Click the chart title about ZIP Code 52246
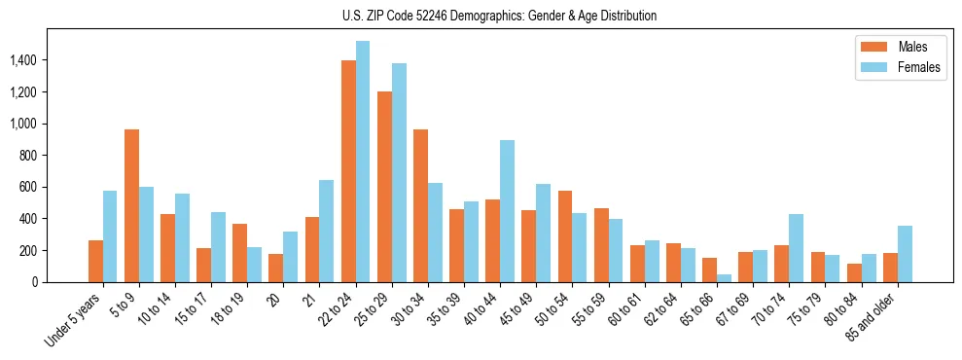(x=499, y=16)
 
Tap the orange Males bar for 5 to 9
(x=131, y=205)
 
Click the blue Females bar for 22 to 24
(x=363, y=162)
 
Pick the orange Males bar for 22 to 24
(x=348, y=171)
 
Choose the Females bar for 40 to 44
(x=507, y=211)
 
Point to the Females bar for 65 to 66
(x=724, y=278)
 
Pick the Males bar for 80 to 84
(x=854, y=272)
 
